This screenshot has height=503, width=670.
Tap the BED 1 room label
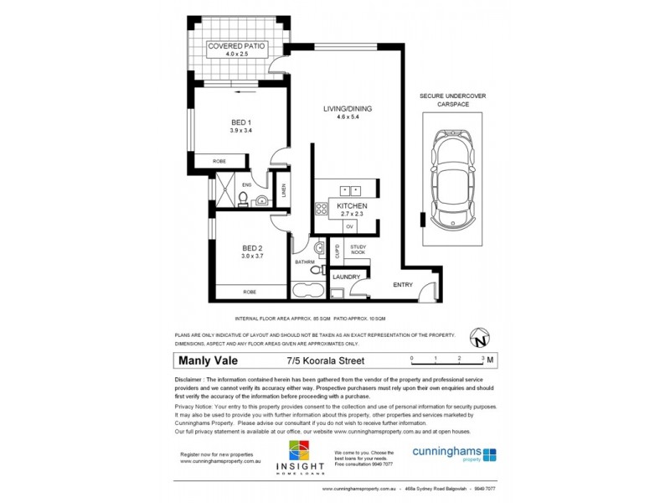pos(241,122)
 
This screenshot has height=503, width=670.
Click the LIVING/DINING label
pos(348,109)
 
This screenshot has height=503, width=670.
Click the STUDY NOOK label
pos(358,248)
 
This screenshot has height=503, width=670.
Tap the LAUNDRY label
pos(346,277)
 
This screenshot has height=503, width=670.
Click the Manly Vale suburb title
pos(208,361)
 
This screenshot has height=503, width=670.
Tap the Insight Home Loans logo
pos(304,458)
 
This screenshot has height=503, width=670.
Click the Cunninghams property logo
pos(454,454)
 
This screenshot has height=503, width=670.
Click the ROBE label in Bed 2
pos(250,292)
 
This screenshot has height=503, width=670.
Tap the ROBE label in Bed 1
pos(219,161)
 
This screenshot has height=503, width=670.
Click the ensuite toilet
pos(242,199)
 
